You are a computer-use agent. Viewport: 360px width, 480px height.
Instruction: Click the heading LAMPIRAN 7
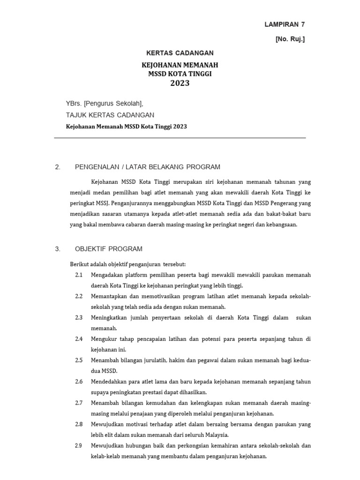[285, 24]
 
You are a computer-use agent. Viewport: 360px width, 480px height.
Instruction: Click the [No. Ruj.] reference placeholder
[290, 39]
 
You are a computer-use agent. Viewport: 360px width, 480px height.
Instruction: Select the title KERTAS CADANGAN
[180, 53]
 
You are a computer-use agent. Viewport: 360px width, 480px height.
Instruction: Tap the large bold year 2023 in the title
[180, 83]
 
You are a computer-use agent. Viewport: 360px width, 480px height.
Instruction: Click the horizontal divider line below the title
[180, 138]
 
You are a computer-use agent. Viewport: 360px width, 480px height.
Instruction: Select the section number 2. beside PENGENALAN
[58, 167]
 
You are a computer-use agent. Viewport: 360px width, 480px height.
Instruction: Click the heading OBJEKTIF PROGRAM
[109, 249]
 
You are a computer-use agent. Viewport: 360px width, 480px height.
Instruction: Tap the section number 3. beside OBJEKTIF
[58, 249]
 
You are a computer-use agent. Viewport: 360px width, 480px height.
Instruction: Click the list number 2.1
[79, 275]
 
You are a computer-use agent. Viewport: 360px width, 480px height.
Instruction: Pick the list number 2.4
[79, 339]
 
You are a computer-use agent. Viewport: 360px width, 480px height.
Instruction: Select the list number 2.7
[79, 403]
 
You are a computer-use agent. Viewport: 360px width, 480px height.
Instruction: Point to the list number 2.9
[79, 445]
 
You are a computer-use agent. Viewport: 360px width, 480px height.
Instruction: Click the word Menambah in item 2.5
[105, 360]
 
